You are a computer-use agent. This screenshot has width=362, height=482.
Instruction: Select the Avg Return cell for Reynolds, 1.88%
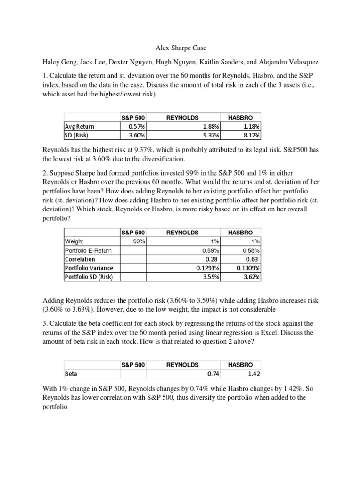click(212, 126)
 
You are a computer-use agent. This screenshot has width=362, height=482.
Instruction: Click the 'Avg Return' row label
click(79, 126)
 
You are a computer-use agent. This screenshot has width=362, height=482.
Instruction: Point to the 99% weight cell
click(139, 241)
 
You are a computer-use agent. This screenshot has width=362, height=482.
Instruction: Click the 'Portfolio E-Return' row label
click(88, 250)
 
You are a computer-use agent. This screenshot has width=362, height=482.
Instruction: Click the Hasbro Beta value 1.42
click(253, 374)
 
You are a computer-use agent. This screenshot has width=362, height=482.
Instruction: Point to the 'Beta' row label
click(71, 374)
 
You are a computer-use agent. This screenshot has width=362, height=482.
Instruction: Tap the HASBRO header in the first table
click(240, 117)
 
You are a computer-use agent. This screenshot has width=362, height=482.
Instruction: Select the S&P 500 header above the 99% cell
click(133, 233)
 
